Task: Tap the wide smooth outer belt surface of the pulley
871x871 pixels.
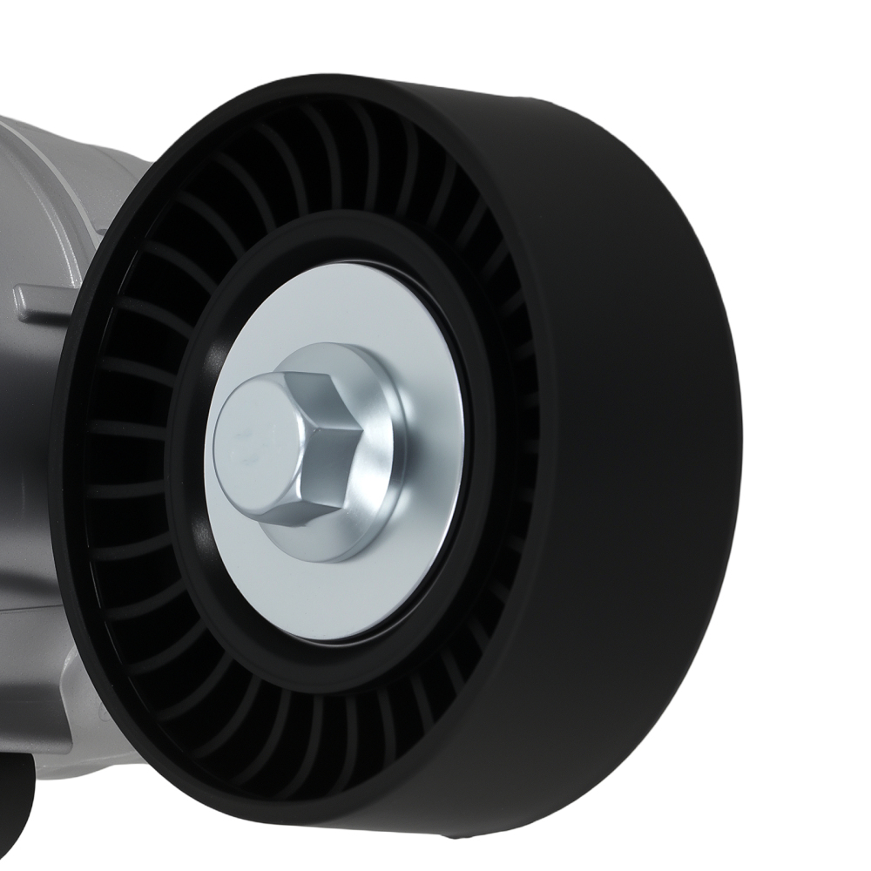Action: [x=627, y=435]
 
